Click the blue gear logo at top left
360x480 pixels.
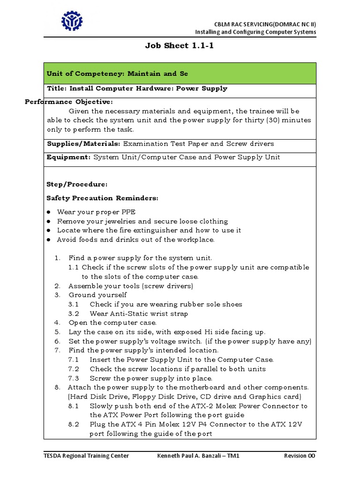[x=72, y=21]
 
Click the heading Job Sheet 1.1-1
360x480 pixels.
[x=180, y=45]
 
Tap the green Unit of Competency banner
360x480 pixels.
[x=180, y=74]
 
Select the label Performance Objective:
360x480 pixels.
[x=68, y=102]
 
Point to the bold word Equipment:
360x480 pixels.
[x=68, y=157]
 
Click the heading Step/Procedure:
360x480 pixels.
[x=77, y=184]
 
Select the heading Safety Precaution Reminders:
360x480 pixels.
[x=102, y=198]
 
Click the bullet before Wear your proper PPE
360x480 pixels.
[x=49, y=212]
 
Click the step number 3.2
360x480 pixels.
[x=74, y=314]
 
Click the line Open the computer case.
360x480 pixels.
[x=112, y=322]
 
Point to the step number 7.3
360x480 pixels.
[x=74, y=378]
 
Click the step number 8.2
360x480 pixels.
[x=74, y=424]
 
